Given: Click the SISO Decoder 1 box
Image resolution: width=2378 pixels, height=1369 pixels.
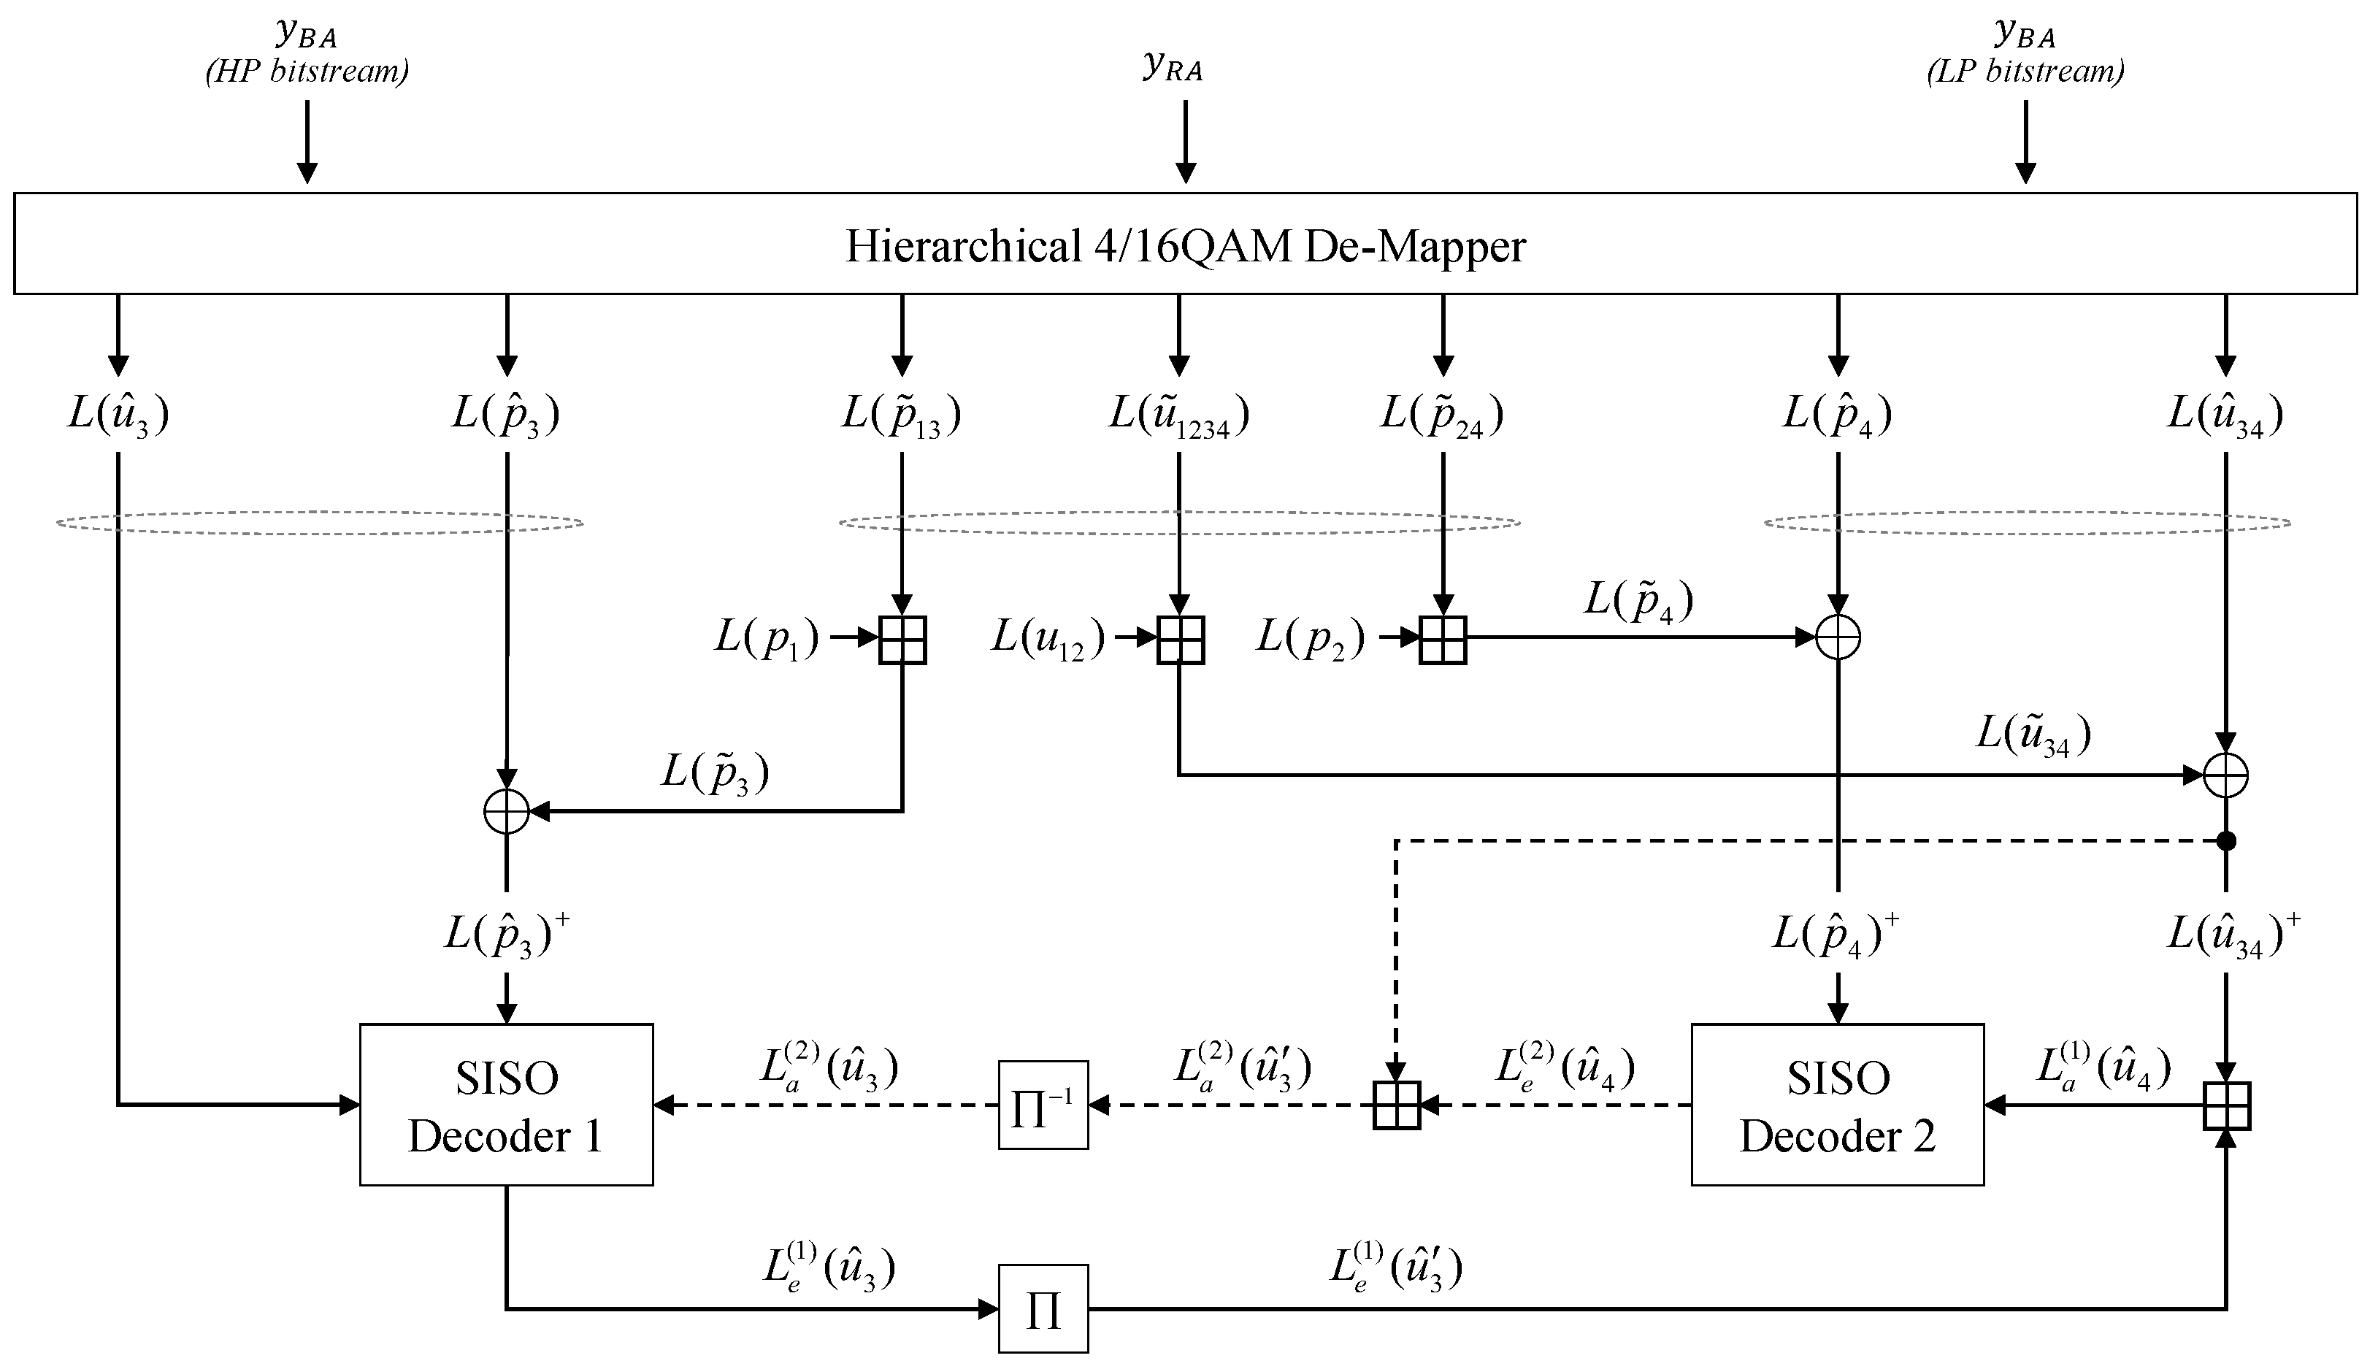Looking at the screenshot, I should [506, 1105].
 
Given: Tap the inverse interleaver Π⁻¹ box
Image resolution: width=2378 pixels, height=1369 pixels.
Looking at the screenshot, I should [1043, 1105].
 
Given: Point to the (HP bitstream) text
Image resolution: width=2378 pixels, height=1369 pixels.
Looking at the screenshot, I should [307, 72].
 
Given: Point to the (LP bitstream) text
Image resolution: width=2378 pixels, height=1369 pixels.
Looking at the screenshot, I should [2025, 72].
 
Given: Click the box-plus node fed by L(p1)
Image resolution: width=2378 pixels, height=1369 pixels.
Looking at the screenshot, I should [902, 640].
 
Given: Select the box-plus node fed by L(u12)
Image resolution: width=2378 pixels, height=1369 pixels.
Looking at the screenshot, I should [1180, 640].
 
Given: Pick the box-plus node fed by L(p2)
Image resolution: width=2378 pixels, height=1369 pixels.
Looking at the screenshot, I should [1443, 640].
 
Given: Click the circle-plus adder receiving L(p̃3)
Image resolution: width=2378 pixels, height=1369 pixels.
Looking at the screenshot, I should [507, 810].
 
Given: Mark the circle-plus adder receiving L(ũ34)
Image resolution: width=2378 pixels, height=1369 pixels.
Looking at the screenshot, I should [2225, 775].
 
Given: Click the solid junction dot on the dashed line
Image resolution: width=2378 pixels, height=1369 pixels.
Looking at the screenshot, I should [2225, 840].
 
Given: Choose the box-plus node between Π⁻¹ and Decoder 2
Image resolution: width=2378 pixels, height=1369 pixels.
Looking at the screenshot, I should [1397, 1105].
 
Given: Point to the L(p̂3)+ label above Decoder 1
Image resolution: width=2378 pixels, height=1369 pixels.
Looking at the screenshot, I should [507, 935].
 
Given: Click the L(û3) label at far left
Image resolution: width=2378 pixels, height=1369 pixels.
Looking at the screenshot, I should [118, 415].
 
